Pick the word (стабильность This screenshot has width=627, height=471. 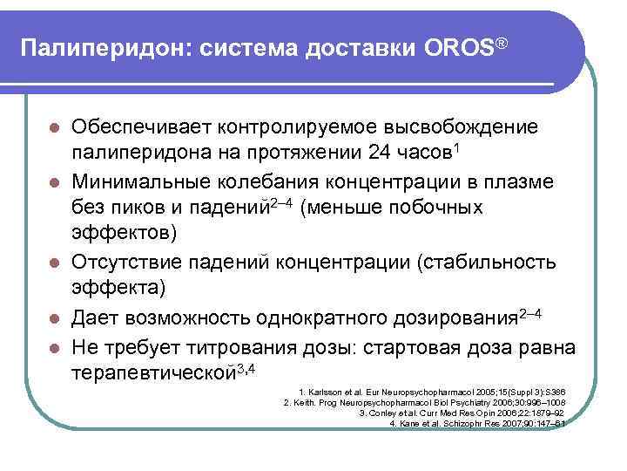[506, 262]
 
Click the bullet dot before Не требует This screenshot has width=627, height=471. [54, 347]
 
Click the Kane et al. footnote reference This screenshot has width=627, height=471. [478, 424]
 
